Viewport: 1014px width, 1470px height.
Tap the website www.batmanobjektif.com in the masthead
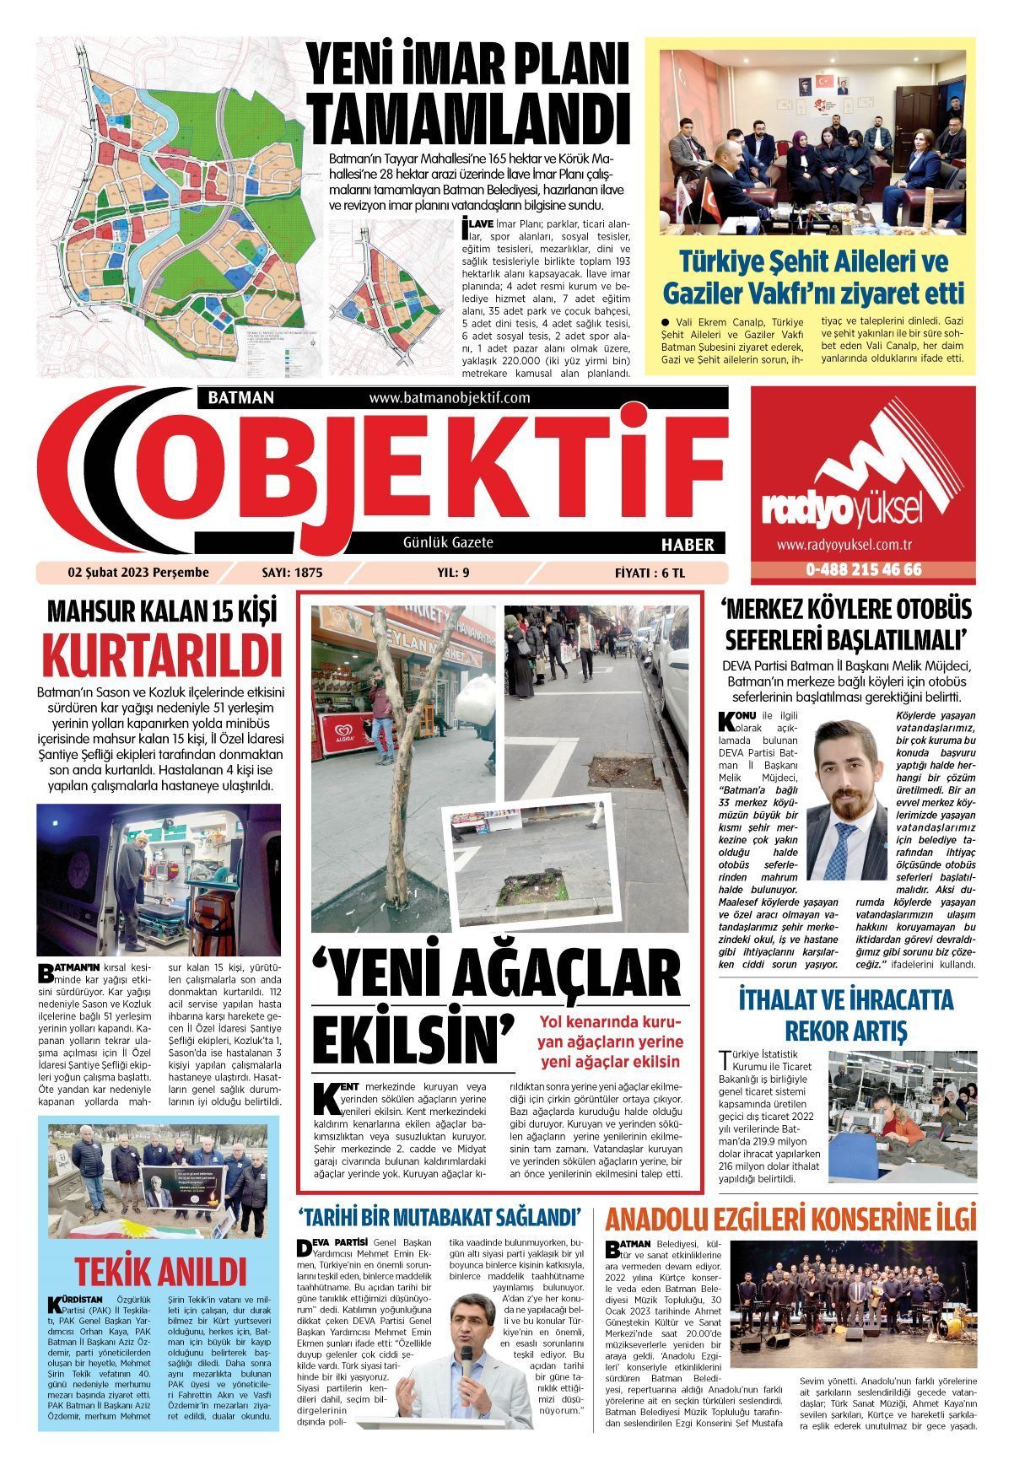click(x=449, y=397)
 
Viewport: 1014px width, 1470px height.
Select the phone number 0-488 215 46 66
click(x=863, y=569)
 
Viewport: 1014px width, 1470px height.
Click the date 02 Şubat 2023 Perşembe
click(x=138, y=573)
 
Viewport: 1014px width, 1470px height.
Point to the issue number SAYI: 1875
click(x=293, y=573)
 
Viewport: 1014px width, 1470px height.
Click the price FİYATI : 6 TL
click(x=650, y=573)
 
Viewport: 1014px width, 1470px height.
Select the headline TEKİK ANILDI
click(x=159, y=1271)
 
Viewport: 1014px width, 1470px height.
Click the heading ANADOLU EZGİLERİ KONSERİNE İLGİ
click(x=790, y=1220)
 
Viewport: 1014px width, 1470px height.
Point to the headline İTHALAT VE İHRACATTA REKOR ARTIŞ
click(x=845, y=1015)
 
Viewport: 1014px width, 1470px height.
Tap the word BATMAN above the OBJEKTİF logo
click(x=235, y=397)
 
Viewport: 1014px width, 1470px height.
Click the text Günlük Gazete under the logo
click(x=447, y=542)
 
